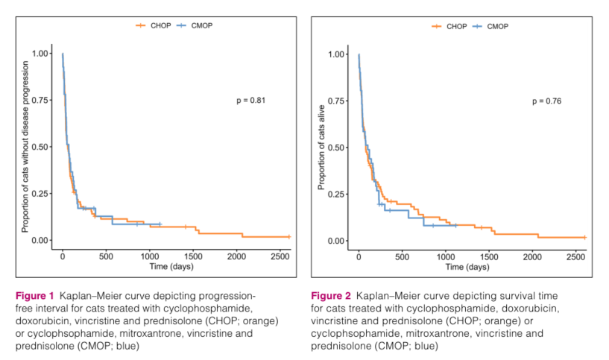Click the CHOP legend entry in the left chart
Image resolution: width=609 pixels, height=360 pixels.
[x=154, y=25]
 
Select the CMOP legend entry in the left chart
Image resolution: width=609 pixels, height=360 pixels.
[x=195, y=25]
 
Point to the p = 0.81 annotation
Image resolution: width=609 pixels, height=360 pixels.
[x=251, y=99]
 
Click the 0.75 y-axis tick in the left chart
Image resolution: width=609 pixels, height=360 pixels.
[x=42, y=100]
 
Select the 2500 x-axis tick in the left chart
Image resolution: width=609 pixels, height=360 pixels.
[x=280, y=255]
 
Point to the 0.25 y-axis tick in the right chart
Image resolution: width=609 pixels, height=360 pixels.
[x=338, y=194]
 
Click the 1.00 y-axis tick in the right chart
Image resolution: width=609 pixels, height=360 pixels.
[x=338, y=54]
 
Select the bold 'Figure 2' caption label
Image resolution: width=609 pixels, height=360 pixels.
[x=332, y=296]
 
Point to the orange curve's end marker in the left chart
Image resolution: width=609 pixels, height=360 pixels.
[x=288, y=236]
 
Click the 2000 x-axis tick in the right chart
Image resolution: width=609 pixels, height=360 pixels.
[x=533, y=256]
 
